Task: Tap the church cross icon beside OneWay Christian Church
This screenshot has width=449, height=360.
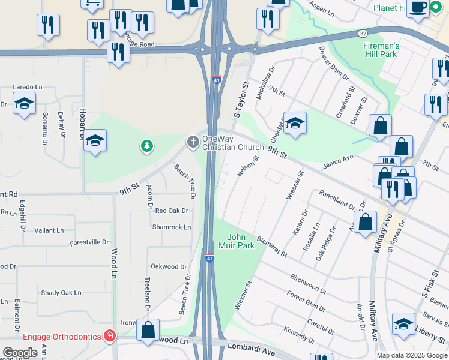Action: pyautogui.click(x=193, y=142)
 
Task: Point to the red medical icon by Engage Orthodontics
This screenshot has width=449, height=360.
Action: pyautogui.click(x=109, y=336)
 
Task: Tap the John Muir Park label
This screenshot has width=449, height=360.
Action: pyautogui.click(x=241, y=241)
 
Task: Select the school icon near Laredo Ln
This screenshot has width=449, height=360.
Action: pyautogui.click(x=24, y=105)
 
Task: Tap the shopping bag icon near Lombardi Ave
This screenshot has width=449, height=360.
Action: pyautogui.click(x=148, y=330)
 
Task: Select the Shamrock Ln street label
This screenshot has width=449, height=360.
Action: pyautogui.click(x=171, y=227)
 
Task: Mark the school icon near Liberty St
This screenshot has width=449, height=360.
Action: pyautogui.click(x=403, y=324)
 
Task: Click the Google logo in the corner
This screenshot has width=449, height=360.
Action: pyautogui.click(x=20, y=353)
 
